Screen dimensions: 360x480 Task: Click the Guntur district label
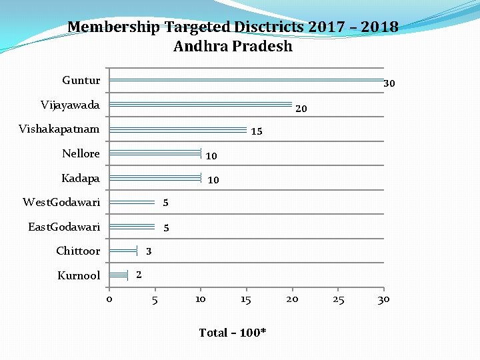point(81,81)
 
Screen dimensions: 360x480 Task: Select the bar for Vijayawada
point(200,105)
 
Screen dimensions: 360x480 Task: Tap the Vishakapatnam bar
point(178,129)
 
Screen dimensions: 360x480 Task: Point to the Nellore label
point(81,153)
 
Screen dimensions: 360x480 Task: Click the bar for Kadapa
point(155,178)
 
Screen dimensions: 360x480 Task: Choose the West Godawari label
point(61,202)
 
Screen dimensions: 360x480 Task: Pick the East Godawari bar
point(132,227)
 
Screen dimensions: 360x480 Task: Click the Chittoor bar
point(123,251)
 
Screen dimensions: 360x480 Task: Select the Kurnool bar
point(118,275)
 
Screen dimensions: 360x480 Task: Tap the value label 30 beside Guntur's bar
point(389,84)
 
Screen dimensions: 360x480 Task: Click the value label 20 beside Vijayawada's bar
point(301,109)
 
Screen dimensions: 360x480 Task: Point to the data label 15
point(256,132)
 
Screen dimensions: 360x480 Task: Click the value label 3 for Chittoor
point(149,251)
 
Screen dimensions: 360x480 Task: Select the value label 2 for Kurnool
point(138,275)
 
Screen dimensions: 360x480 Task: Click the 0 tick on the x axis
point(109,299)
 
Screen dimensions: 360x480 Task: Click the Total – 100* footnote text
point(233,333)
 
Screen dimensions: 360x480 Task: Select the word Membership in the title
point(113,27)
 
